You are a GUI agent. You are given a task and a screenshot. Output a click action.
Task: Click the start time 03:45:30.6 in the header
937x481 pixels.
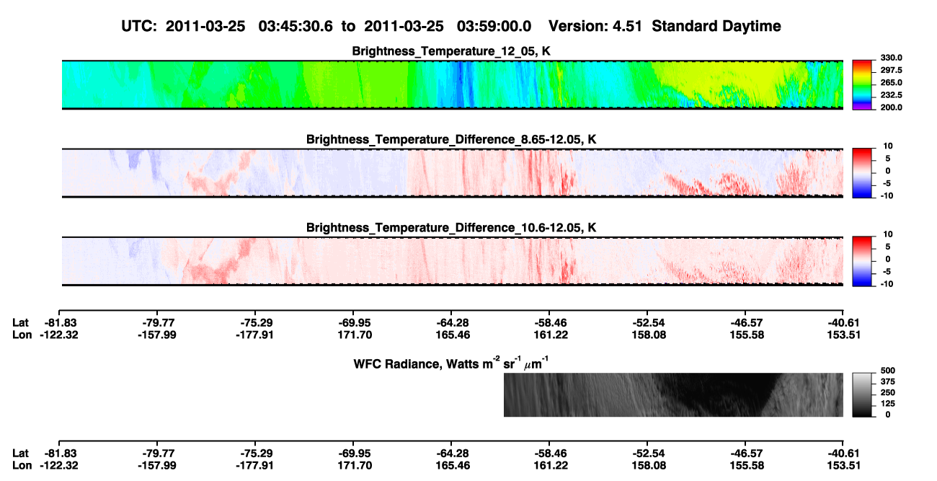pyautogui.click(x=296, y=27)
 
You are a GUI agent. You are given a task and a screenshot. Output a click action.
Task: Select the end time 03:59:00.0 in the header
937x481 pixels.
pyautogui.click(x=494, y=27)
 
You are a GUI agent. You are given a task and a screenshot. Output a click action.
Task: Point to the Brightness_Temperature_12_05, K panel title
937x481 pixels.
pyautogui.click(x=451, y=51)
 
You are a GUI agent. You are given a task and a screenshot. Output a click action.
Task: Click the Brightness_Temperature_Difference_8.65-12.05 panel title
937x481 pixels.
pyautogui.click(x=451, y=139)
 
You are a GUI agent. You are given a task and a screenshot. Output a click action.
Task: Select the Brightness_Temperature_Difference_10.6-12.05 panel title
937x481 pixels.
pyautogui.click(x=451, y=228)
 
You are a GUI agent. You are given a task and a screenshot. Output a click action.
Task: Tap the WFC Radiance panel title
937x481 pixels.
pyautogui.click(x=451, y=363)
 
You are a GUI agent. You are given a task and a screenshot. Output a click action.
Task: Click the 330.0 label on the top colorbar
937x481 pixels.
pyautogui.click(x=891, y=58)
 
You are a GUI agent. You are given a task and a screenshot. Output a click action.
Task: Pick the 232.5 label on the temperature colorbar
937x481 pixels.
pyautogui.click(x=891, y=95)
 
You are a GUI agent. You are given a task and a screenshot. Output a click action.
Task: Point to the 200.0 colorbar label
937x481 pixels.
pyautogui.click(x=891, y=107)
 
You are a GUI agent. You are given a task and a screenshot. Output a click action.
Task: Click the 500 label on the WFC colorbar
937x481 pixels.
pyautogui.click(x=888, y=371)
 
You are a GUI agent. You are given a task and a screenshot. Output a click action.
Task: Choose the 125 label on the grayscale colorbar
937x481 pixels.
pyautogui.click(x=888, y=404)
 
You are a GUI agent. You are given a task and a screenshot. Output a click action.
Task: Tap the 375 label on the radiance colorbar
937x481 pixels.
pyautogui.click(x=888, y=381)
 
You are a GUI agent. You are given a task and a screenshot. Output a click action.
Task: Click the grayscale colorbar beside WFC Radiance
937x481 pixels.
pyautogui.click(x=862, y=394)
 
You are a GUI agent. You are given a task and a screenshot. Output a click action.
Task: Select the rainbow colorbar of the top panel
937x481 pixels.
pyautogui.click(x=862, y=85)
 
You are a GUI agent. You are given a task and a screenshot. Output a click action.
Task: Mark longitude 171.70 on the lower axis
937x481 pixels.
pyautogui.click(x=355, y=466)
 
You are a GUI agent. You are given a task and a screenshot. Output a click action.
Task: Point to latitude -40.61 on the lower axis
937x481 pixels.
pyautogui.click(x=843, y=454)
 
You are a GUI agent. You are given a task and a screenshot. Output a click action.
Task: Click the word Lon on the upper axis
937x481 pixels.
pyautogui.click(x=22, y=335)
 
